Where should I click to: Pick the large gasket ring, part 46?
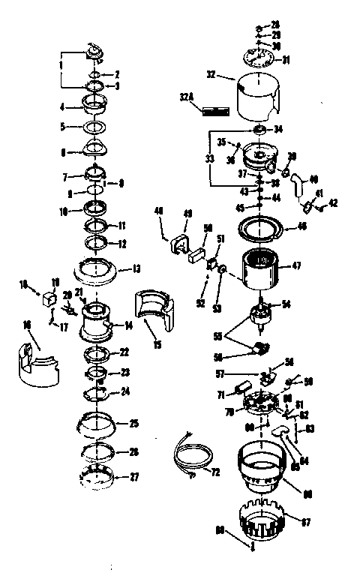click(x=259, y=228)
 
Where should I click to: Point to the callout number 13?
click(x=137, y=268)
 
